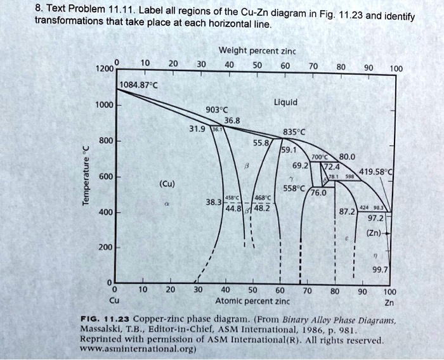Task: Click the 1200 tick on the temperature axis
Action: [103, 67]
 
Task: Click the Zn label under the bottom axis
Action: [389, 302]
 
